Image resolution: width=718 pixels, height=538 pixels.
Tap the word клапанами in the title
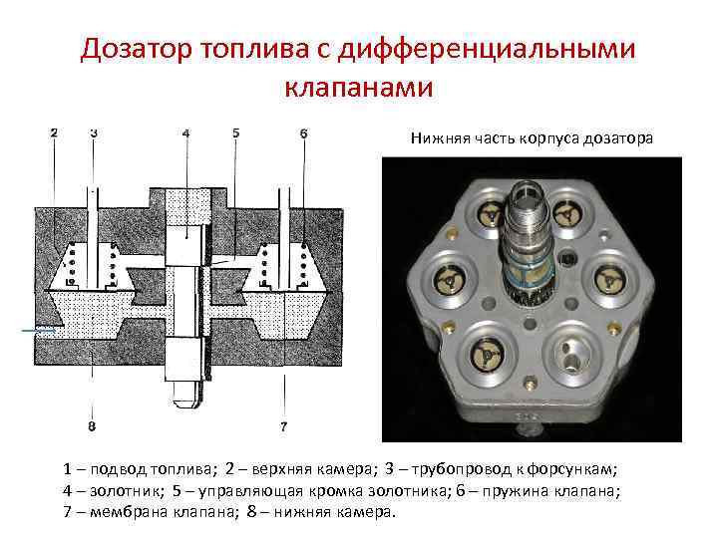(359, 86)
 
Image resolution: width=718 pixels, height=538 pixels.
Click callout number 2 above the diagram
(54, 134)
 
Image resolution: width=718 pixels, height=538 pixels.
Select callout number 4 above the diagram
(185, 134)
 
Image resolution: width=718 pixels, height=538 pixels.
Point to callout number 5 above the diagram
(235, 134)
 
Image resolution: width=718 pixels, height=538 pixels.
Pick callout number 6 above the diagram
(303, 134)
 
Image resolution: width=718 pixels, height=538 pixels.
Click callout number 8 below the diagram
(92, 426)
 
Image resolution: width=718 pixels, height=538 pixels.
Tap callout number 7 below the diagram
(284, 426)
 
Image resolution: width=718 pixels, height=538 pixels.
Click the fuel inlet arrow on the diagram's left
(39, 330)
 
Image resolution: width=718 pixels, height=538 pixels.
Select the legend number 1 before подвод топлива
(68, 469)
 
